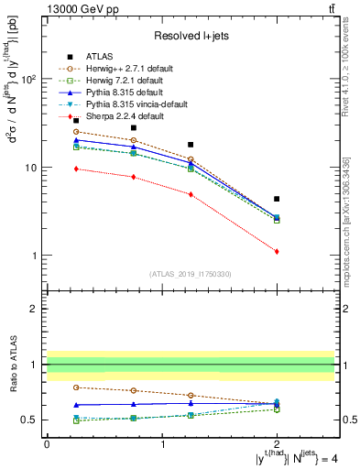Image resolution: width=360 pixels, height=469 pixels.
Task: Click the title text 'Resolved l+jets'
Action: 190,36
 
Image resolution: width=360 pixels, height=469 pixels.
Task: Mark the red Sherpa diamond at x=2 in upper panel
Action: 277,251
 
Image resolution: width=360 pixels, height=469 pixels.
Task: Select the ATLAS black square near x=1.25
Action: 191,145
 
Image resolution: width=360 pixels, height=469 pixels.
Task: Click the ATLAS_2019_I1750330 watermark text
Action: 190,274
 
